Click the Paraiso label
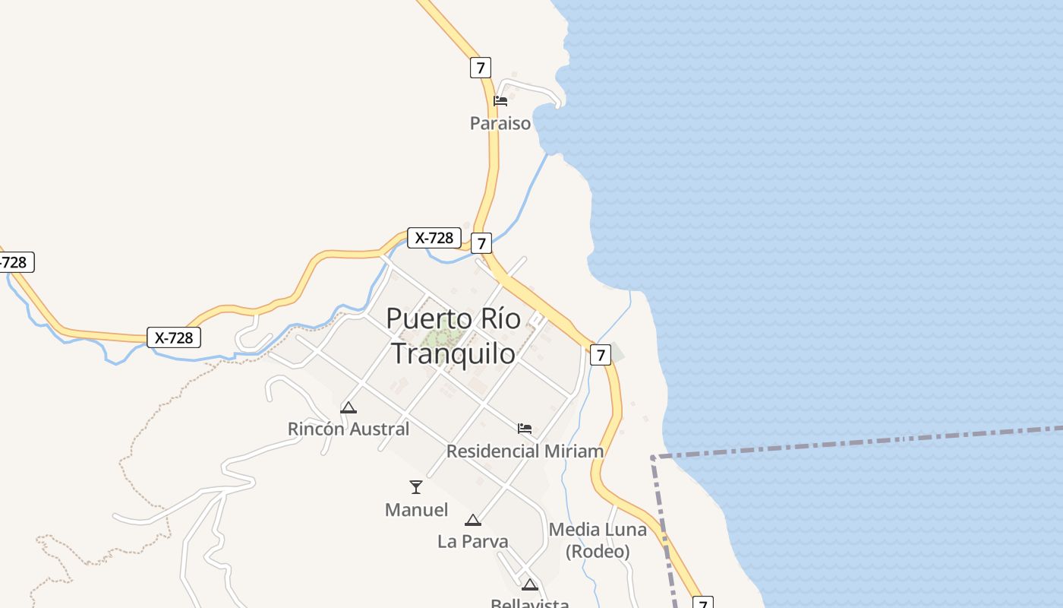point(500,123)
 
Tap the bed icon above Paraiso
point(500,100)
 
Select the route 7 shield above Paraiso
point(480,68)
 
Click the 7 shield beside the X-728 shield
point(481,243)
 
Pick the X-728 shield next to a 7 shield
point(434,238)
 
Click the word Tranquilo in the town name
point(453,353)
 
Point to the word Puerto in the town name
point(421,318)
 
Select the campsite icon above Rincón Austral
point(349,407)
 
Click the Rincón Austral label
point(349,429)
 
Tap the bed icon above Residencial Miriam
point(525,429)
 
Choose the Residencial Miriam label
point(525,451)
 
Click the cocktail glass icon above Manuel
point(416,487)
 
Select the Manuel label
point(416,510)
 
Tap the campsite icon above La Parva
point(473,521)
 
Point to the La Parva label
point(473,542)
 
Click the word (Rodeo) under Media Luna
point(598,551)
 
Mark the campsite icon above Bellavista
point(530,584)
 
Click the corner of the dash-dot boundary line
point(653,457)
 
